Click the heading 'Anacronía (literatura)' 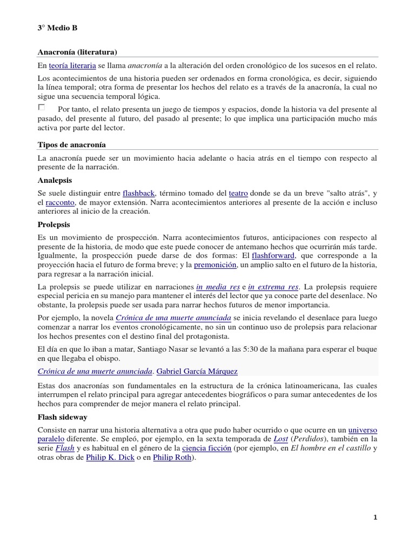click(x=77, y=51)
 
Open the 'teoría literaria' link click(x=72, y=65)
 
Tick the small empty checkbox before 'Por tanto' click(x=42, y=108)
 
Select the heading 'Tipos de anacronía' click(x=71, y=144)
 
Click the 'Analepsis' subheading click(x=55, y=180)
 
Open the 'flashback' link click(x=139, y=193)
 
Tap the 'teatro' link click(x=238, y=193)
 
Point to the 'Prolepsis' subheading click(x=54, y=224)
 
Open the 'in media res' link click(x=217, y=286)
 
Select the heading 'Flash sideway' click(x=63, y=417)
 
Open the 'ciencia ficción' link click(x=206, y=449)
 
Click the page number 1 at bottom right click(x=376, y=518)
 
